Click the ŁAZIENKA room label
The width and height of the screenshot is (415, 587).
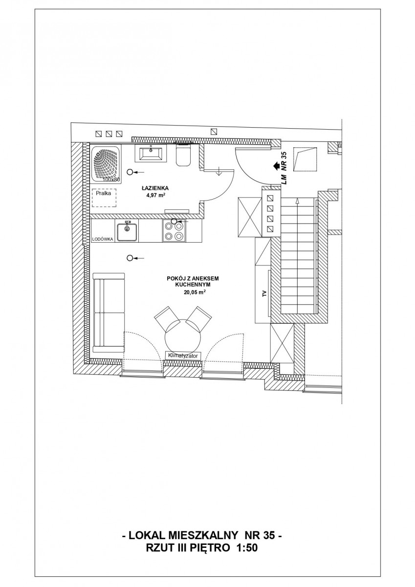pos(155,188)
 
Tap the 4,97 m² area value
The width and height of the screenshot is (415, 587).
pos(156,195)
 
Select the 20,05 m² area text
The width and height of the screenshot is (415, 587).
pos(194,293)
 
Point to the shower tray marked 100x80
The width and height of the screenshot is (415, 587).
pos(106,165)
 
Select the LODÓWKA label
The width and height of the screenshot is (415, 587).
pos(102,239)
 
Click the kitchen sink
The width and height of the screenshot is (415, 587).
pos(127,231)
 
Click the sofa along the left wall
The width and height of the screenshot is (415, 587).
pos(109,313)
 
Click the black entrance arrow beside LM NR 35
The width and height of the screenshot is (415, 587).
pos(276,166)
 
